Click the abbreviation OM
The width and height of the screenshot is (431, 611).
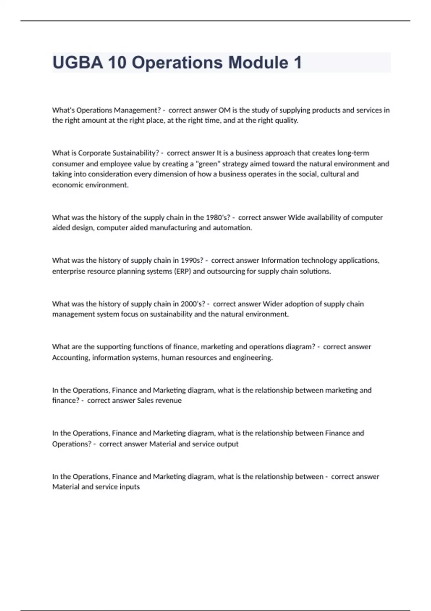pos(224,110)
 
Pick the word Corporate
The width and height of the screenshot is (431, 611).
pos(94,153)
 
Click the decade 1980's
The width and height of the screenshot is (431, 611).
pos(218,217)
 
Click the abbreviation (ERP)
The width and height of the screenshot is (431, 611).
pos(182,271)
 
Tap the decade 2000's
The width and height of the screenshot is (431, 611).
pos(193,304)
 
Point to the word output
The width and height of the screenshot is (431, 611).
pos(228,444)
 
